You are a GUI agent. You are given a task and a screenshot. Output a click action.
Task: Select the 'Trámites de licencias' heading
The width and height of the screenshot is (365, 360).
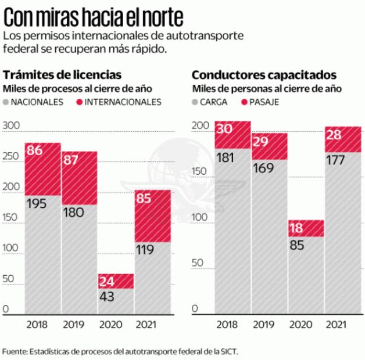point(62,74)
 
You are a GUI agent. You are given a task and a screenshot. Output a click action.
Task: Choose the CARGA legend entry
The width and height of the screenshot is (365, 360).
point(212,102)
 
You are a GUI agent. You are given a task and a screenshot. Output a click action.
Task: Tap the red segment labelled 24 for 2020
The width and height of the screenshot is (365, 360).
point(116,281)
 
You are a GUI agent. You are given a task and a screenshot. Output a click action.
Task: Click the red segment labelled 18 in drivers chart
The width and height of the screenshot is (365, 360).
point(305,228)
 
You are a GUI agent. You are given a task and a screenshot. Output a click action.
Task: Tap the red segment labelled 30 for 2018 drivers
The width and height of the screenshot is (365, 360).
point(232,135)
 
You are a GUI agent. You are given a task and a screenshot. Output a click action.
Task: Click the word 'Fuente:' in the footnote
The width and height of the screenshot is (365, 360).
point(14,352)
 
